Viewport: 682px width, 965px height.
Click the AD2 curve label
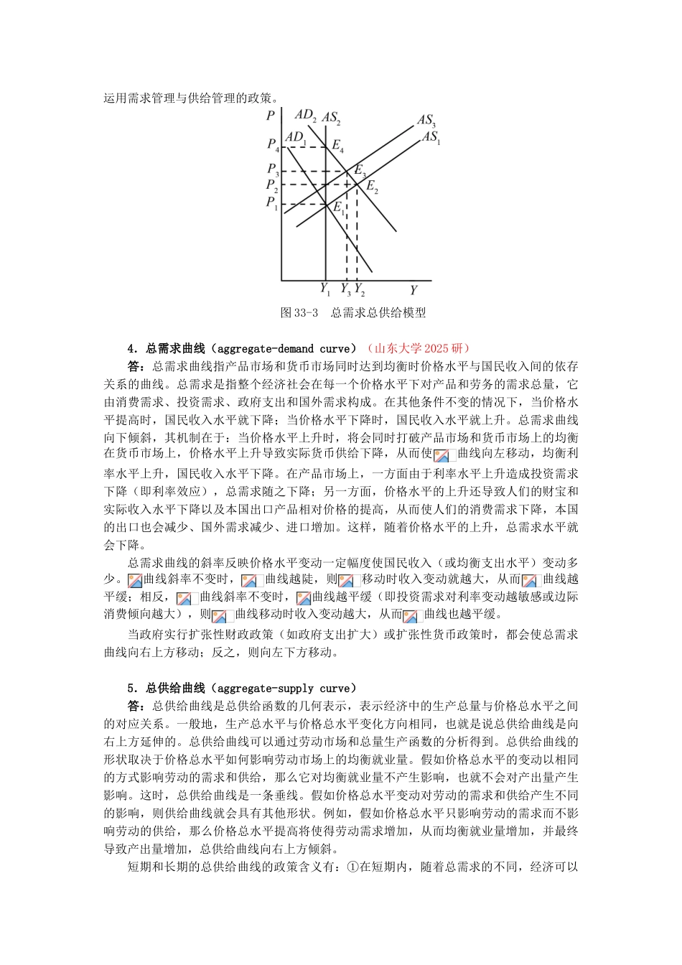[x=305, y=115]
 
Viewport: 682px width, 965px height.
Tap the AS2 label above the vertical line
[x=330, y=118]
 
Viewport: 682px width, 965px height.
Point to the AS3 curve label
[x=426, y=121]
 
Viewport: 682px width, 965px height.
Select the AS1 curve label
[x=431, y=137]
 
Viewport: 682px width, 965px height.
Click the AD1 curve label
[x=295, y=137]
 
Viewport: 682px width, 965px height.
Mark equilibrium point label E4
[x=337, y=146]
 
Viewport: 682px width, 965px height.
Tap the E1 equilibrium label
[x=338, y=208]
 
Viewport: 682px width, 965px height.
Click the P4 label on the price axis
[x=273, y=145]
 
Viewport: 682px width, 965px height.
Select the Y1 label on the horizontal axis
[x=324, y=290]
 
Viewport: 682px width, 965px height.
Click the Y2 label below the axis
[x=359, y=290]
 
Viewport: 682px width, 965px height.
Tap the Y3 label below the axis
[x=345, y=290]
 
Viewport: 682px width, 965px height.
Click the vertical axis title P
[x=270, y=116]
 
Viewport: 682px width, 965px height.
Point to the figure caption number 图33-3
[x=299, y=312]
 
